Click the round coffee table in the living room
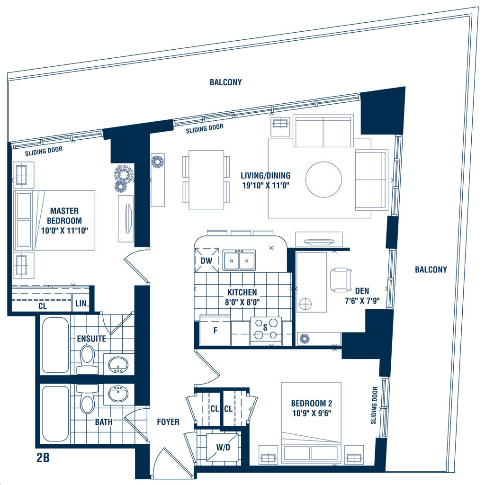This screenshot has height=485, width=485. point(323,180)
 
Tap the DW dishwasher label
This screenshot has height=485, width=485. point(207,261)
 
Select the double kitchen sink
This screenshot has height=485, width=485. point(239,260)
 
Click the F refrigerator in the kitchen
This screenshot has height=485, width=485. point(216,330)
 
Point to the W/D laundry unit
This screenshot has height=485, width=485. point(223,447)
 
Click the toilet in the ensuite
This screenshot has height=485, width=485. point(87,359)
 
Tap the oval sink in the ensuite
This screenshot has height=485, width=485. point(118,364)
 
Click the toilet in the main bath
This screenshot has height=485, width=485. point(87,399)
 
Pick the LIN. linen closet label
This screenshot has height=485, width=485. point(82,304)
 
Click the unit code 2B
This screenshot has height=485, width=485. point(43,458)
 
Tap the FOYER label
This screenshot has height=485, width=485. point(168,422)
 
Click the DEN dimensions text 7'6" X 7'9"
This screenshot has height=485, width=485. point(362,301)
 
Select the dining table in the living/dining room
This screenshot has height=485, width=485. point(207,180)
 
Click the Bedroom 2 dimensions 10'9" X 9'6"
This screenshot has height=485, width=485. point(312,413)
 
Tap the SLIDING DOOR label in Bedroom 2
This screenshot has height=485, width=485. point(374,405)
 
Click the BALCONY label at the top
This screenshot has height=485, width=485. point(226,82)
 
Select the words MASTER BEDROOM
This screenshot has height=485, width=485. point(64,216)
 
